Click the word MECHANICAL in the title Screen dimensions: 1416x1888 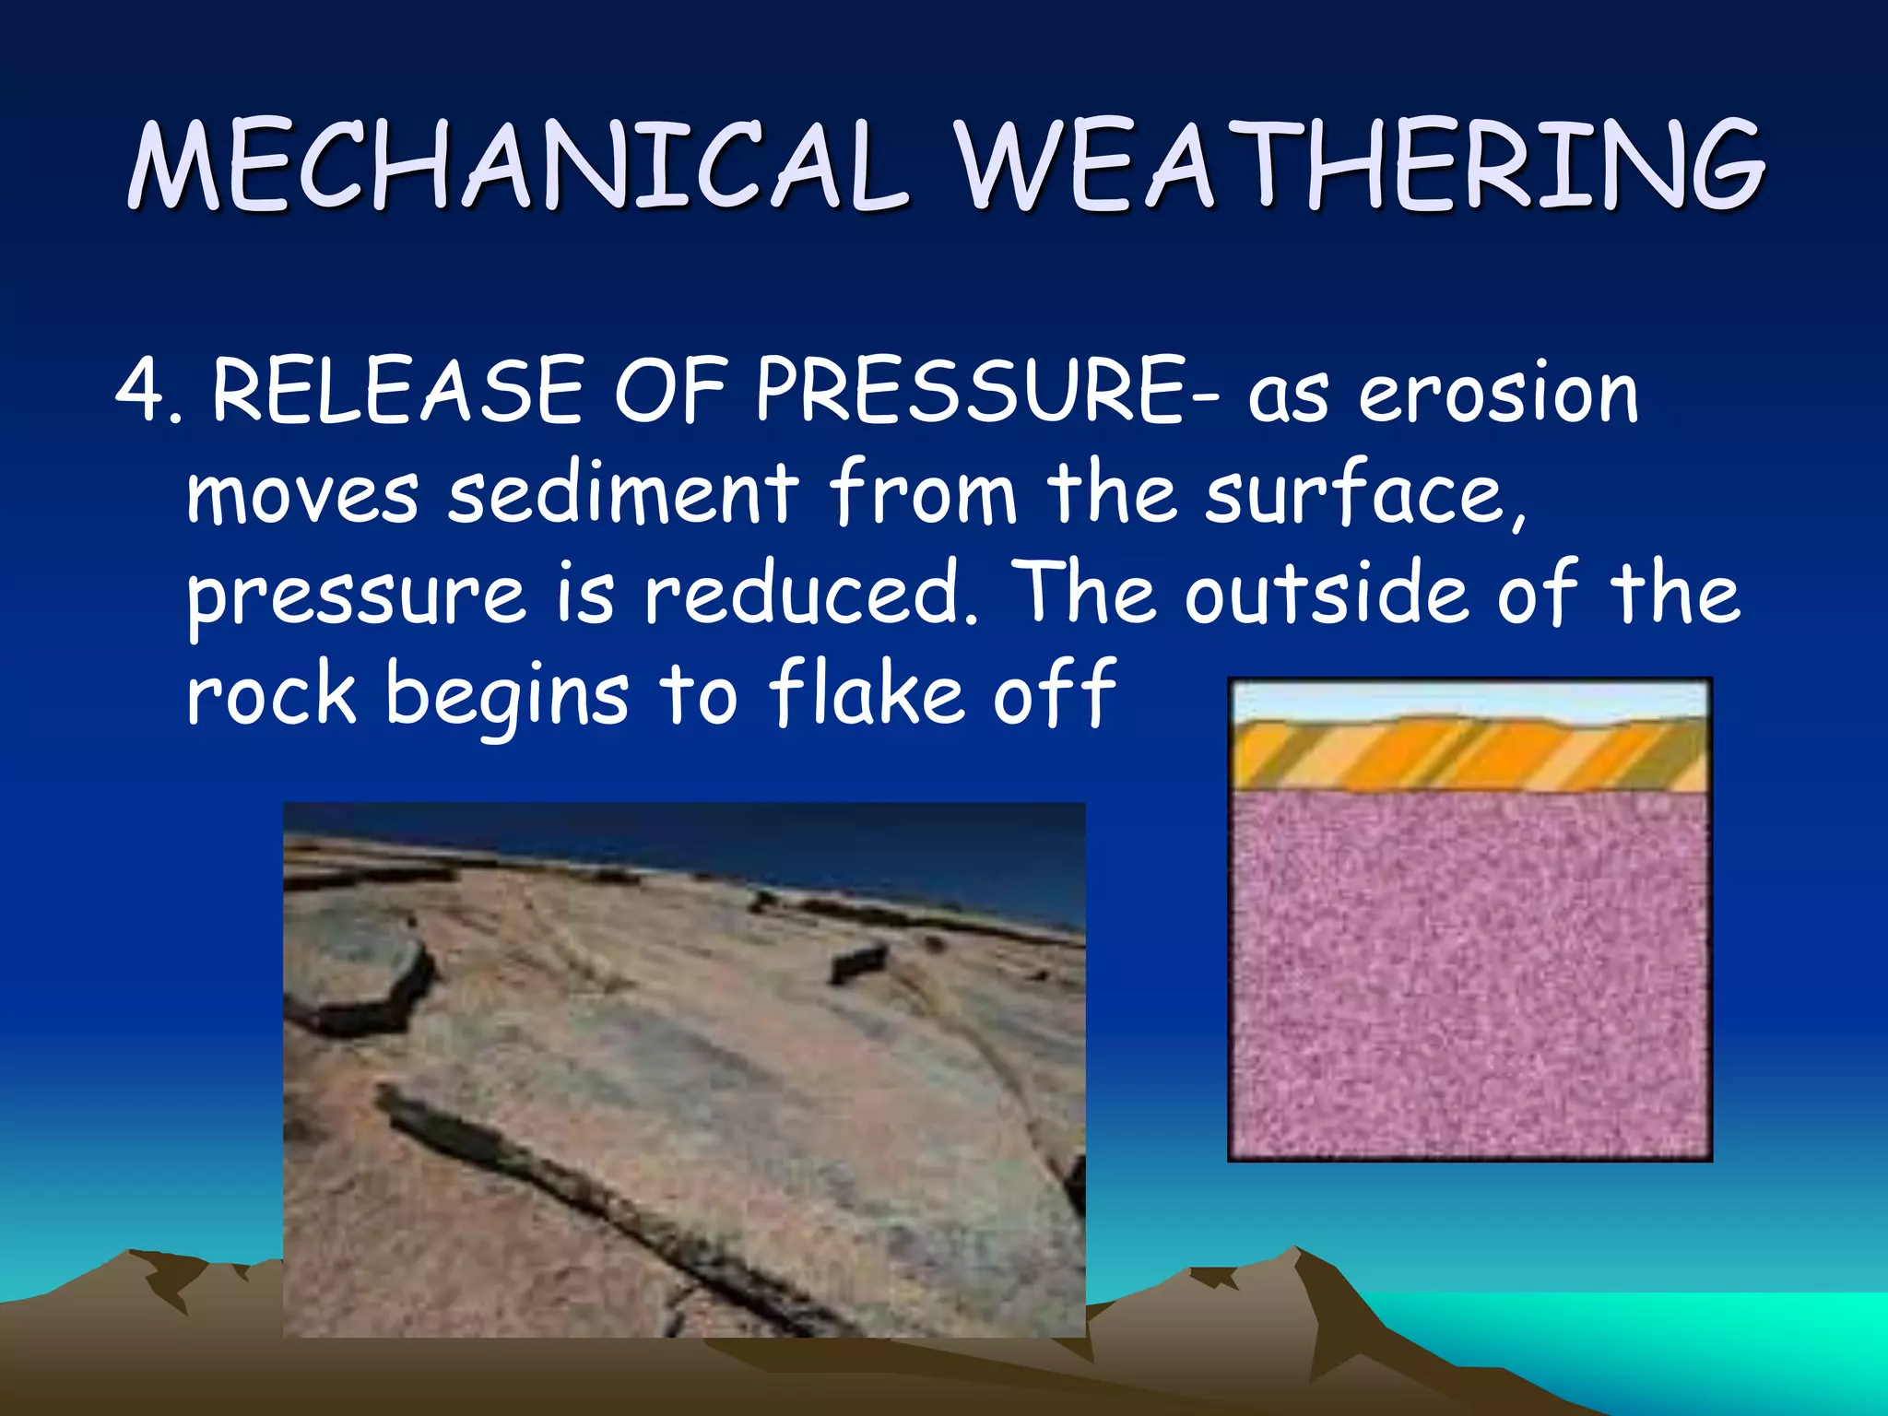click(516, 166)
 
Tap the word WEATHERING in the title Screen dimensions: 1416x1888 click(1360, 166)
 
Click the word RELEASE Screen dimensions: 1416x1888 click(396, 392)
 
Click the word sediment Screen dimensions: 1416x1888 click(622, 493)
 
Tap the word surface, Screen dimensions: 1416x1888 click(1364, 493)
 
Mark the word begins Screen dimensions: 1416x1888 click(506, 696)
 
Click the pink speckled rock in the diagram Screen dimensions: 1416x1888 click(1469, 977)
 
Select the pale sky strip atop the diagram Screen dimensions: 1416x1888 click(1469, 701)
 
